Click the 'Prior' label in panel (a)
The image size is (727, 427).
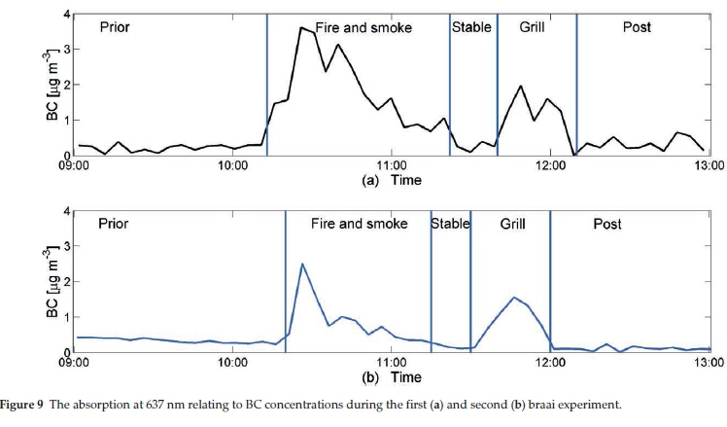[115, 27]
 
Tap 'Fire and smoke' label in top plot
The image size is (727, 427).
[363, 27]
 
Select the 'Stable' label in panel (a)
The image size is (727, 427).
[471, 27]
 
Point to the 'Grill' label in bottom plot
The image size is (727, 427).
[513, 225]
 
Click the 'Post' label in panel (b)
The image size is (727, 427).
[606, 225]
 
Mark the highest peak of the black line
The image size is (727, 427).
[301, 28]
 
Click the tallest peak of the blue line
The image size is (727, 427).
[303, 264]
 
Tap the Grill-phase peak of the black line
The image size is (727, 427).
[521, 87]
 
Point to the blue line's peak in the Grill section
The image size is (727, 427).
[514, 298]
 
